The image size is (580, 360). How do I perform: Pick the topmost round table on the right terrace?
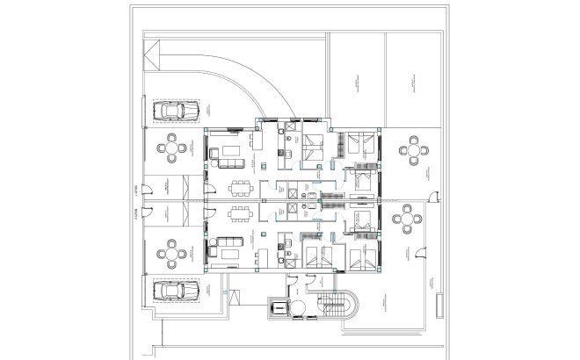pyautogui.click(x=415, y=149)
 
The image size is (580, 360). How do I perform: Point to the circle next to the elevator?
pyautogui.click(x=299, y=307)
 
